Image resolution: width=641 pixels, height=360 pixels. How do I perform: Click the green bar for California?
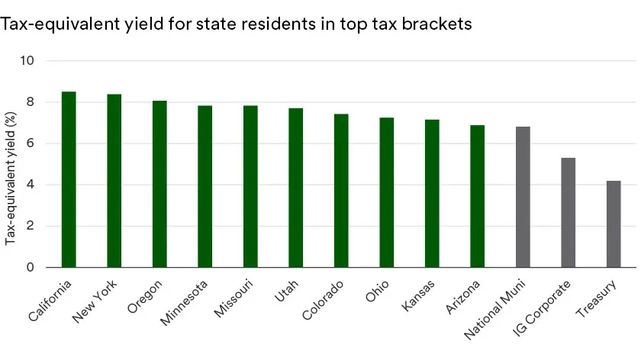(69, 179)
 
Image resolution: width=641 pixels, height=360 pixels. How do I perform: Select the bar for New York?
(114, 181)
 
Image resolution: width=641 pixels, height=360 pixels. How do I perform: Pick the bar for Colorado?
(341, 191)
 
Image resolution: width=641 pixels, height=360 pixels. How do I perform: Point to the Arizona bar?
(477, 196)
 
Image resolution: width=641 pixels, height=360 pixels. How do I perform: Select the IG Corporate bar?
(568, 213)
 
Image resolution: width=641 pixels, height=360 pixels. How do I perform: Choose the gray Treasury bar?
(614, 224)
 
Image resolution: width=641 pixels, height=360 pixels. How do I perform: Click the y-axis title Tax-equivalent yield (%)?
(11, 179)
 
